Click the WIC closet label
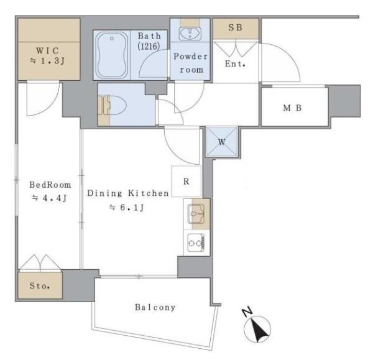tap(48, 50)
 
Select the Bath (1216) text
tap(149, 41)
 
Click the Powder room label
tap(191, 63)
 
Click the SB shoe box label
tap(235, 29)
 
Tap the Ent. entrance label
tap(236, 63)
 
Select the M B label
tap(292, 107)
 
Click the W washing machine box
tap(221, 141)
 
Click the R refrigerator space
tap(186, 182)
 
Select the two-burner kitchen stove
tap(196, 242)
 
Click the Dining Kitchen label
tap(127, 193)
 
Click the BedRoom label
tap(50, 185)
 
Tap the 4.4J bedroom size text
tap(50, 198)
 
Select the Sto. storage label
tap(40, 287)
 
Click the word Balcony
tap(155, 307)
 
